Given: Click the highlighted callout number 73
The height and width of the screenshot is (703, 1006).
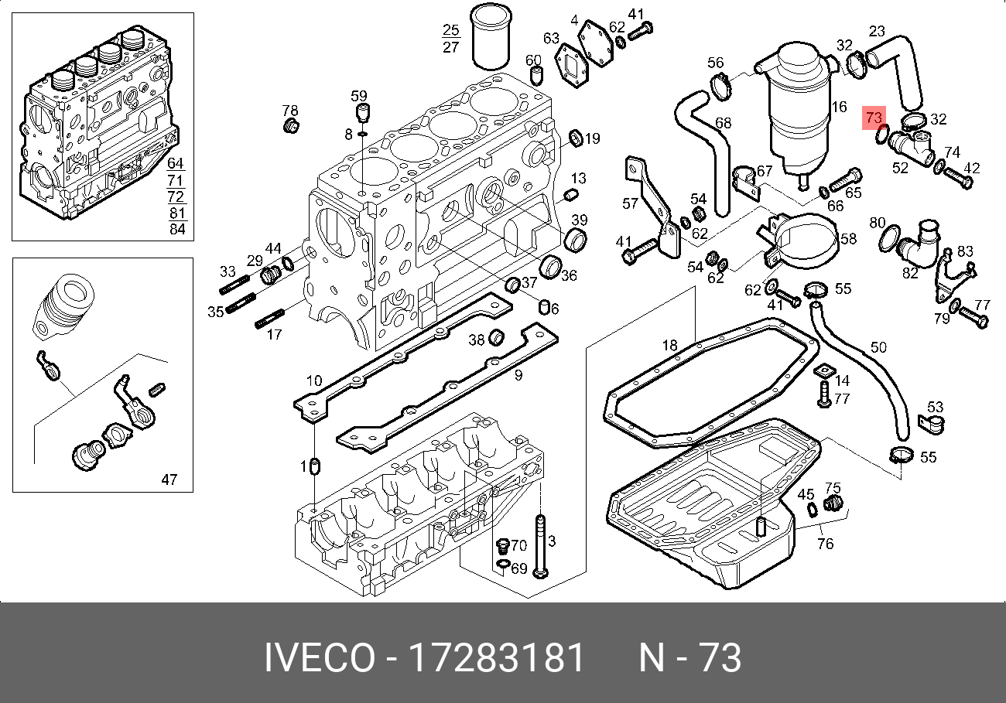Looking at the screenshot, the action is tap(874, 118).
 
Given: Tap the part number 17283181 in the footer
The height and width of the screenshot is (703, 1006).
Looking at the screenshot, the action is tap(497, 657).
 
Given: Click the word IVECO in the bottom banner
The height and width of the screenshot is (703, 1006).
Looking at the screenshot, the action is tap(320, 657).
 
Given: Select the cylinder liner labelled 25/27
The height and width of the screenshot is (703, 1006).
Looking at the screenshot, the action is tap(491, 37).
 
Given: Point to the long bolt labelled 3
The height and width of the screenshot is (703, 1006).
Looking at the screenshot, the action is tap(540, 547).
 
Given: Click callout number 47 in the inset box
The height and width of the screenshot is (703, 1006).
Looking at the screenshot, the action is tap(169, 479).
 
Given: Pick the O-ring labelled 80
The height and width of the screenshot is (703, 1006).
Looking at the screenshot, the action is tap(889, 238).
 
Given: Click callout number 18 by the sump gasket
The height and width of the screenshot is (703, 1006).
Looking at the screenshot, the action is tap(669, 345).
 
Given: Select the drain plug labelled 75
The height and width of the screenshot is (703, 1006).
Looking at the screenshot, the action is tap(833, 503).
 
